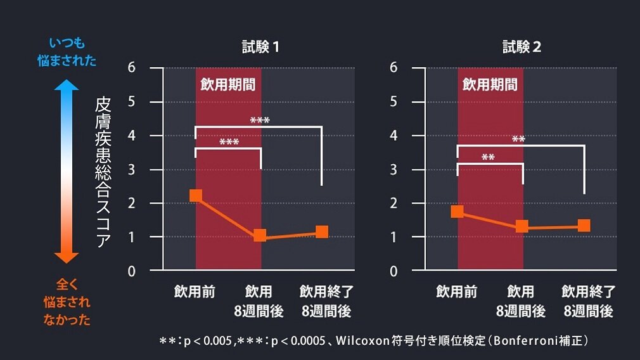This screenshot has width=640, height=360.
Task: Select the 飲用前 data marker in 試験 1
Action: (196, 196)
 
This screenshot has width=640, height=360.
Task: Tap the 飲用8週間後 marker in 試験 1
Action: (260, 236)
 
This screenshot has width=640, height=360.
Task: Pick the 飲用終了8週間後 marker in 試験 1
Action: (322, 231)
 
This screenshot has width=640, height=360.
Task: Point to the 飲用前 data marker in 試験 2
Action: (457, 212)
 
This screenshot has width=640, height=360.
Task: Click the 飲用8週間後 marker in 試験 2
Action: (522, 226)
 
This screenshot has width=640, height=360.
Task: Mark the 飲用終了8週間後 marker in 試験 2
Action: (584, 225)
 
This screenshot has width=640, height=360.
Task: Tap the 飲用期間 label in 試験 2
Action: (489, 84)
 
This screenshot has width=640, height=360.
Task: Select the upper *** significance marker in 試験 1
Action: (260, 120)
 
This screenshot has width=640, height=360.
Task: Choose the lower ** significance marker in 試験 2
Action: (488, 157)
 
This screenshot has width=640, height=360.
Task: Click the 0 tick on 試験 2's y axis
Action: (394, 271)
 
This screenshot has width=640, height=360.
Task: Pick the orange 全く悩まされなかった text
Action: (67, 302)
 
